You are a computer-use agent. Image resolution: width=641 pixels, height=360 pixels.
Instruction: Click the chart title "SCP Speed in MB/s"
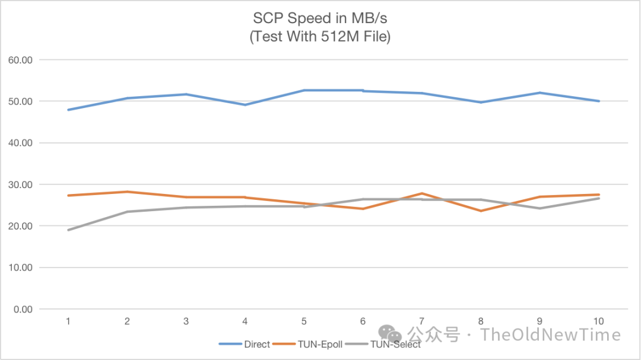(x=320, y=17)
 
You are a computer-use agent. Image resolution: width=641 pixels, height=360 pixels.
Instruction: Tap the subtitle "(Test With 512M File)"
(x=320, y=37)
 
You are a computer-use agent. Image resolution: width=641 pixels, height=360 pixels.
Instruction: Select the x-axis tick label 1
(x=68, y=321)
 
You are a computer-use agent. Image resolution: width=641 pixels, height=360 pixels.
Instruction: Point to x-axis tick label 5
(x=304, y=321)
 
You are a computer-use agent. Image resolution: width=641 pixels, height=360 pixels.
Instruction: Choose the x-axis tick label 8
(x=481, y=321)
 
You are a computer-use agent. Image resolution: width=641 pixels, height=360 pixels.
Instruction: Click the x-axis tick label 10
(x=598, y=321)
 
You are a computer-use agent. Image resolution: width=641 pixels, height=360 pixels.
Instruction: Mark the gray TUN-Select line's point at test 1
(x=68, y=230)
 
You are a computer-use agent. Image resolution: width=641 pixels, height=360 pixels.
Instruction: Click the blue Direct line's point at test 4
(x=245, y=105)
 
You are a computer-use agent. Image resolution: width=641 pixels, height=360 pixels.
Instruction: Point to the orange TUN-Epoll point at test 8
(x=481, y=211)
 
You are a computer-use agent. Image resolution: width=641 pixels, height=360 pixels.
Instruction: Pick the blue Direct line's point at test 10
(x=598, y=101)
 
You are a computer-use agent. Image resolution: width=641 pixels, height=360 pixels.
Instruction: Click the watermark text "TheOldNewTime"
(x=551, y=334)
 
